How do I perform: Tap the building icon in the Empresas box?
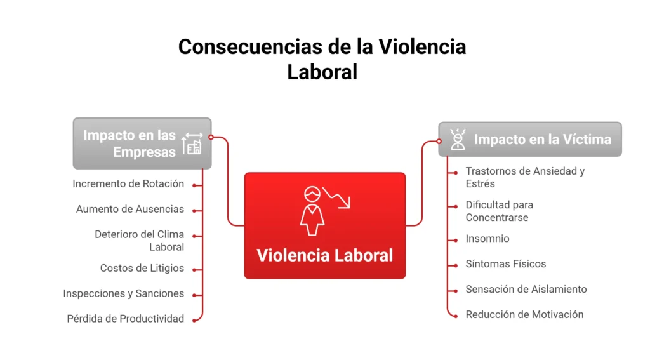click(192, 144)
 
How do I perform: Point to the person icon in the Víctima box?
click(458, 139)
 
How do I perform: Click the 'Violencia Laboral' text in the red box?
click(324, 255)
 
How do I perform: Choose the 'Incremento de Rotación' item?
click(128, 184)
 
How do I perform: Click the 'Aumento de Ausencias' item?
click(130, 209)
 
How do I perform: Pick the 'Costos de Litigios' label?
click(142, 268)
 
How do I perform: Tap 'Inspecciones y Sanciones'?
click(124, 293)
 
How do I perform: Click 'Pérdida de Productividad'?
click(126, 319)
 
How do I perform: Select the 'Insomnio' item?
click(487, 239)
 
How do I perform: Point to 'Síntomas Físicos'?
click(506, 263)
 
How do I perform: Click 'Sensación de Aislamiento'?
click(526, 289)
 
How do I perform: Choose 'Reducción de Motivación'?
click(524, 314)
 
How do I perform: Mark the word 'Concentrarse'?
click(497, 217)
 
